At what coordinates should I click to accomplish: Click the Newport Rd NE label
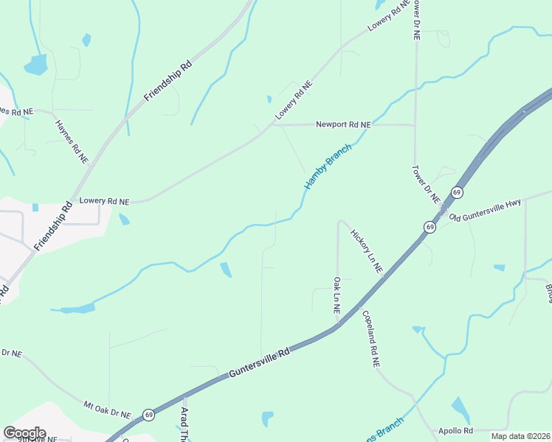click(x=343, y=125)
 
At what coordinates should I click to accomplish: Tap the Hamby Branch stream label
click(x=328, y=166)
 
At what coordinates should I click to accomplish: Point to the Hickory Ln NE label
click(x=367, y=251)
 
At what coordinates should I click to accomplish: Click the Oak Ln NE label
click(x=337, y=296)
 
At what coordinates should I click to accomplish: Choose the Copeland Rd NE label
click(x=370, y=339)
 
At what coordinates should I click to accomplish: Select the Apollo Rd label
click(x=455, y=430)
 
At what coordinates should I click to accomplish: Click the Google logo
click(x=24, y=432)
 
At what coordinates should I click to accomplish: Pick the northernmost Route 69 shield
click(x=458, y=193)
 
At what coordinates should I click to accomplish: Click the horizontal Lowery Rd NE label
click(x=104, y=200)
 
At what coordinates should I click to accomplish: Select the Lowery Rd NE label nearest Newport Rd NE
click(x=294, y=100)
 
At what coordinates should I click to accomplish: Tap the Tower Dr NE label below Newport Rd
click(x=426, y=184)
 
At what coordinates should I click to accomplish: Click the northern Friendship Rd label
click(x=168, y=80)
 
